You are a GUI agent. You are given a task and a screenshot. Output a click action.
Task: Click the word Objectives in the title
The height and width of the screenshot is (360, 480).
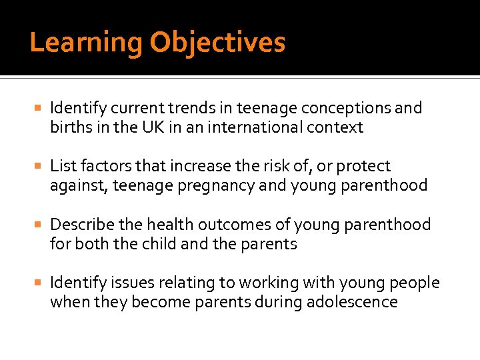click(217, 43)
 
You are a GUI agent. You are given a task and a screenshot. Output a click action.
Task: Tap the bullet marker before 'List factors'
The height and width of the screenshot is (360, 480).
click(39, 166)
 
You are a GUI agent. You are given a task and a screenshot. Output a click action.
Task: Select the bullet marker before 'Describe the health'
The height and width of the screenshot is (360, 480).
click(39, 225)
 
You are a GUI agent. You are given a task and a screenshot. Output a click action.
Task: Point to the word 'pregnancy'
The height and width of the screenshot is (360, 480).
click(210, 185)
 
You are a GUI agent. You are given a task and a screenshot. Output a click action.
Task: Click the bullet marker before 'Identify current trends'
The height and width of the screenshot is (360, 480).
click(39, 108)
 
